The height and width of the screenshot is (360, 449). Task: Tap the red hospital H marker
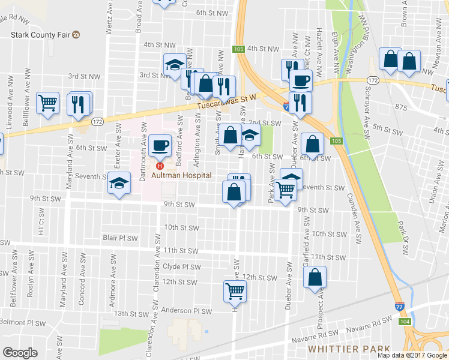click(159, 166)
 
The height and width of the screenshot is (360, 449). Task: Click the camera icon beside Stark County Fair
click(76, 35)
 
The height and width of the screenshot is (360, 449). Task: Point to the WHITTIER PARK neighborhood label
click(349, 349)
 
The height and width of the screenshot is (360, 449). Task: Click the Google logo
click(20, 352)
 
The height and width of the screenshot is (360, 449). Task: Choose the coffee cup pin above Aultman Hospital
click(160, 145)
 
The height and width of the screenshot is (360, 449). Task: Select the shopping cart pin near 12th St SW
click(235, 292)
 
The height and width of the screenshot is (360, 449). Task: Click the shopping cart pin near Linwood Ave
click(47, 103)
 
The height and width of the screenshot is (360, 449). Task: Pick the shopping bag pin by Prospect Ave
click(315, 277)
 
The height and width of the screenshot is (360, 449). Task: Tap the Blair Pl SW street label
click(120, 238)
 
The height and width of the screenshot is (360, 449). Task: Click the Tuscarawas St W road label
click(231, 102)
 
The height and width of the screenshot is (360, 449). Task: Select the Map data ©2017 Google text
click(412, 355)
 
